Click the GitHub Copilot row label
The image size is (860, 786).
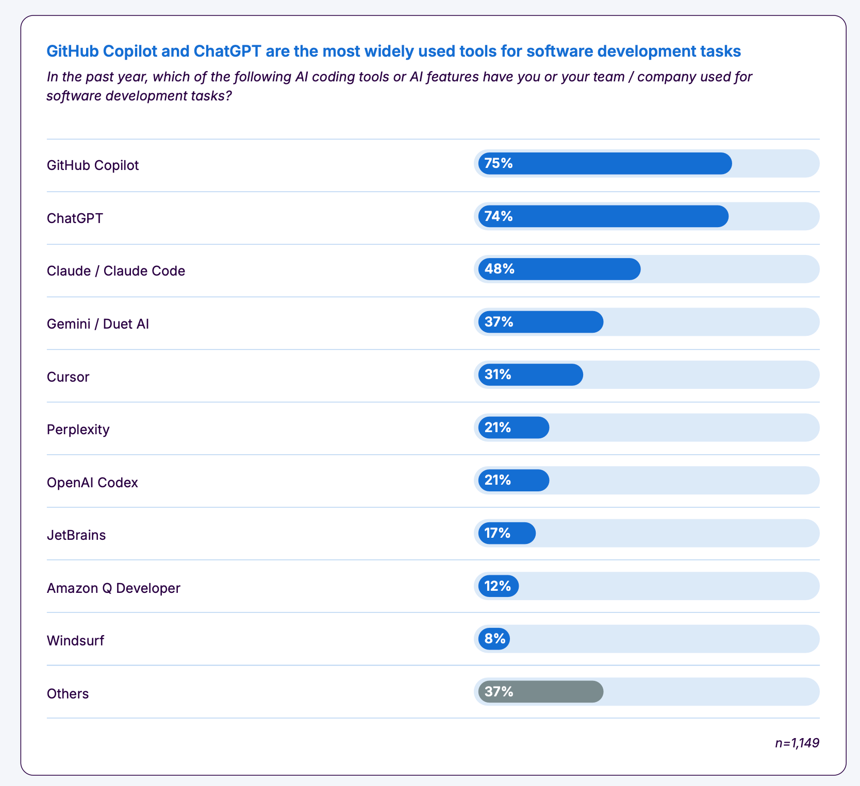pyautogui.click(x=93, y=165)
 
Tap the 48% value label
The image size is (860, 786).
pyautogui.click(x=499, y=269)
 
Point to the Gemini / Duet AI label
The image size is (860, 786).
pyautogui.click(x=98, y=324)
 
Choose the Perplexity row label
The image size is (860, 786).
pyautogui.click(x=78, y=430)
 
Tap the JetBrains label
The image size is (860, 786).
pyautogui.click(x=76, y=535)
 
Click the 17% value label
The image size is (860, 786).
pyautogui.click(x=497, y=533)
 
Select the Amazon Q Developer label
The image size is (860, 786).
pyautogui.click(x=113, y=588)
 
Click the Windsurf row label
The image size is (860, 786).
pyautogui.click(x=76, y=641)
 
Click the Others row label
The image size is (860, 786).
pyautogui.click(x=68, y=694)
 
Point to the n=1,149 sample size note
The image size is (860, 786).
pyautogui.click(x=797, y=743)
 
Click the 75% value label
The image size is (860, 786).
pyautogui.click(x=499, y=163)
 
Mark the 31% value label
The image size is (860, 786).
pyautogui.click(x=498, y=374)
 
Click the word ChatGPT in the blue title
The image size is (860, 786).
pyautogui.click(x=227, y=52)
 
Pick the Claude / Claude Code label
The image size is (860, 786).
pyautogui.click(x=116, y=271)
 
